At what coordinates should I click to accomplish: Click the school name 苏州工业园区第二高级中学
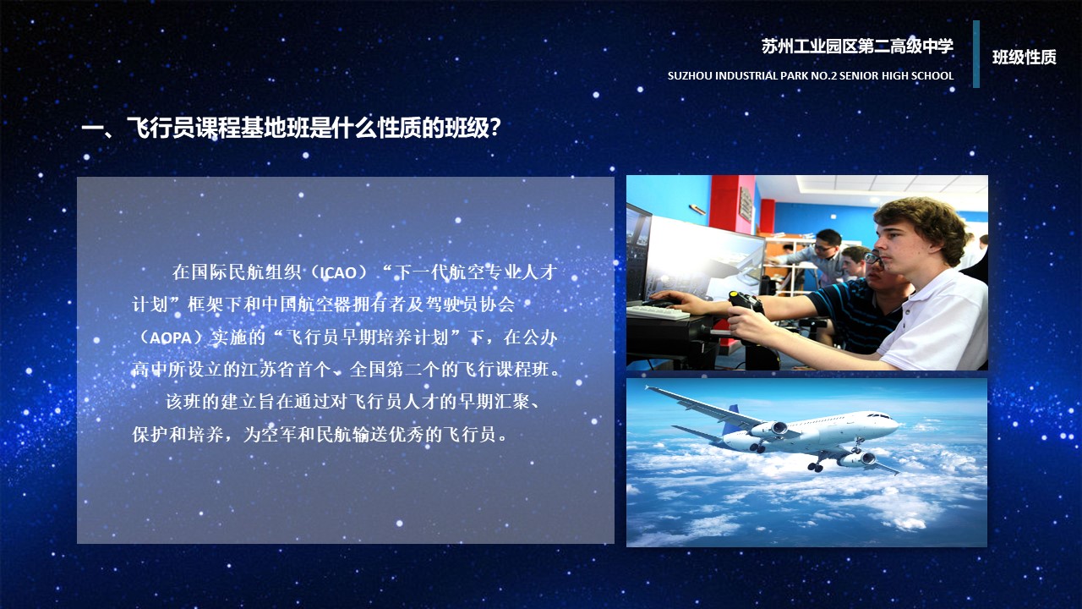pos(857,47)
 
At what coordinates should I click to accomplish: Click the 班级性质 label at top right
pos(1024,57)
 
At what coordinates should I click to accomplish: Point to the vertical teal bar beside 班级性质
pos(976,53)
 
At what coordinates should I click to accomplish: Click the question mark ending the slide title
pos(495,128)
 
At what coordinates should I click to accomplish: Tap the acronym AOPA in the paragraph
pos(171,337)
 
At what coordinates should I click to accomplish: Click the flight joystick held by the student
pos(746,306)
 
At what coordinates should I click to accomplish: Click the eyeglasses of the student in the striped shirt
pos(873,259)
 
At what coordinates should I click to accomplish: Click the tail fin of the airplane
pos(733,417)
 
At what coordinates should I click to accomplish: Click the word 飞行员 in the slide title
pos(161,128)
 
